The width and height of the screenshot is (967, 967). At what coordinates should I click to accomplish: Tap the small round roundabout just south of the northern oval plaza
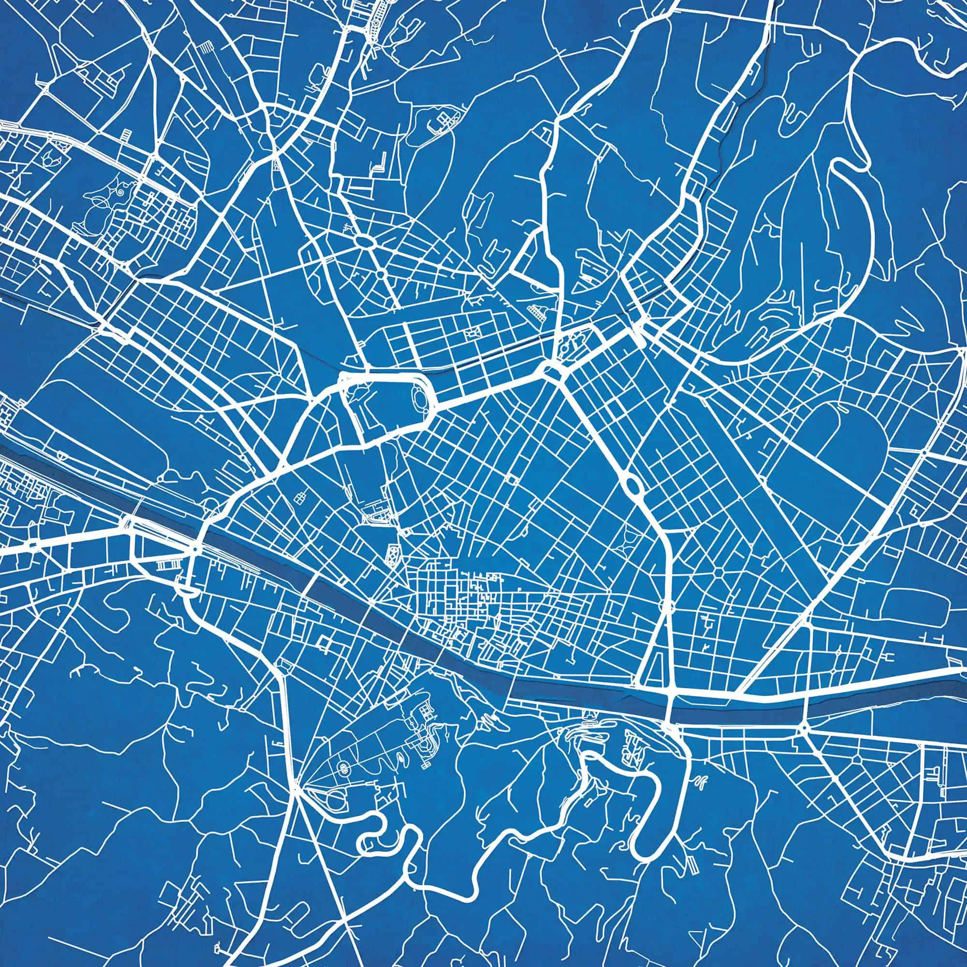(x=380, y=274)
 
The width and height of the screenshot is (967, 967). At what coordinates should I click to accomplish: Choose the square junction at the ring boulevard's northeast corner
(x=551, y=371)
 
